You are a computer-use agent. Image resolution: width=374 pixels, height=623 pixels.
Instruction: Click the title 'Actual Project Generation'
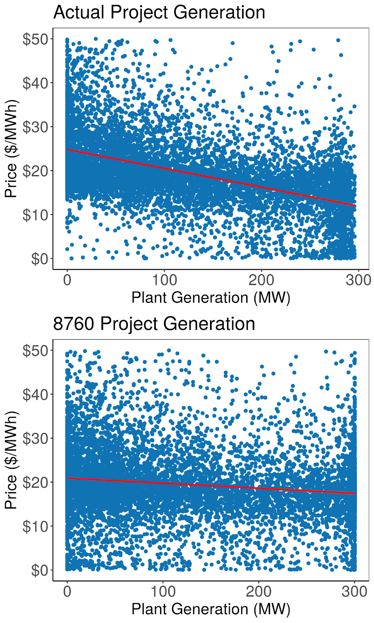[x=159, y=12]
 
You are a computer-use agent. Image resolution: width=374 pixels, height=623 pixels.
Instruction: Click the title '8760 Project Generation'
[x=154, y=324]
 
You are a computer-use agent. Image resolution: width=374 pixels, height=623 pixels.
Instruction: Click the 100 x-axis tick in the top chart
[x=164, y=280]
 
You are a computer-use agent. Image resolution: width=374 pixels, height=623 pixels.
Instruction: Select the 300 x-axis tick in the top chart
[x=358, y=280]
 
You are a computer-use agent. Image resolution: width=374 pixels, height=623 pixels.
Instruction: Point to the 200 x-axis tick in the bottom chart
[x=259, y=591]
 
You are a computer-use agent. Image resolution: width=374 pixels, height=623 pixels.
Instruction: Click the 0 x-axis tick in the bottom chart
[x=67, y=591]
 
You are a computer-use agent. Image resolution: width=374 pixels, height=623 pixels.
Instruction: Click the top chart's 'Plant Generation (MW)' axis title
[x=211, y=298]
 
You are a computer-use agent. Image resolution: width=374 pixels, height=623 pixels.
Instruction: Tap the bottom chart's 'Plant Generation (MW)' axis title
[x=211, y=609]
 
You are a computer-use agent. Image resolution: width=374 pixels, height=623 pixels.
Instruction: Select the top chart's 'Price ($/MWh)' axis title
[x=12, y=149]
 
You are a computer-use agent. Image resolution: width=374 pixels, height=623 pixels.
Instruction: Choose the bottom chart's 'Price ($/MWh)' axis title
[x=12, y=460]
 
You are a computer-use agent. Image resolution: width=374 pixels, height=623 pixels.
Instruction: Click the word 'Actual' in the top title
[x=79, y=12]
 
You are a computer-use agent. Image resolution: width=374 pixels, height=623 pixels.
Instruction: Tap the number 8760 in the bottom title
[x=74, y=324]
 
